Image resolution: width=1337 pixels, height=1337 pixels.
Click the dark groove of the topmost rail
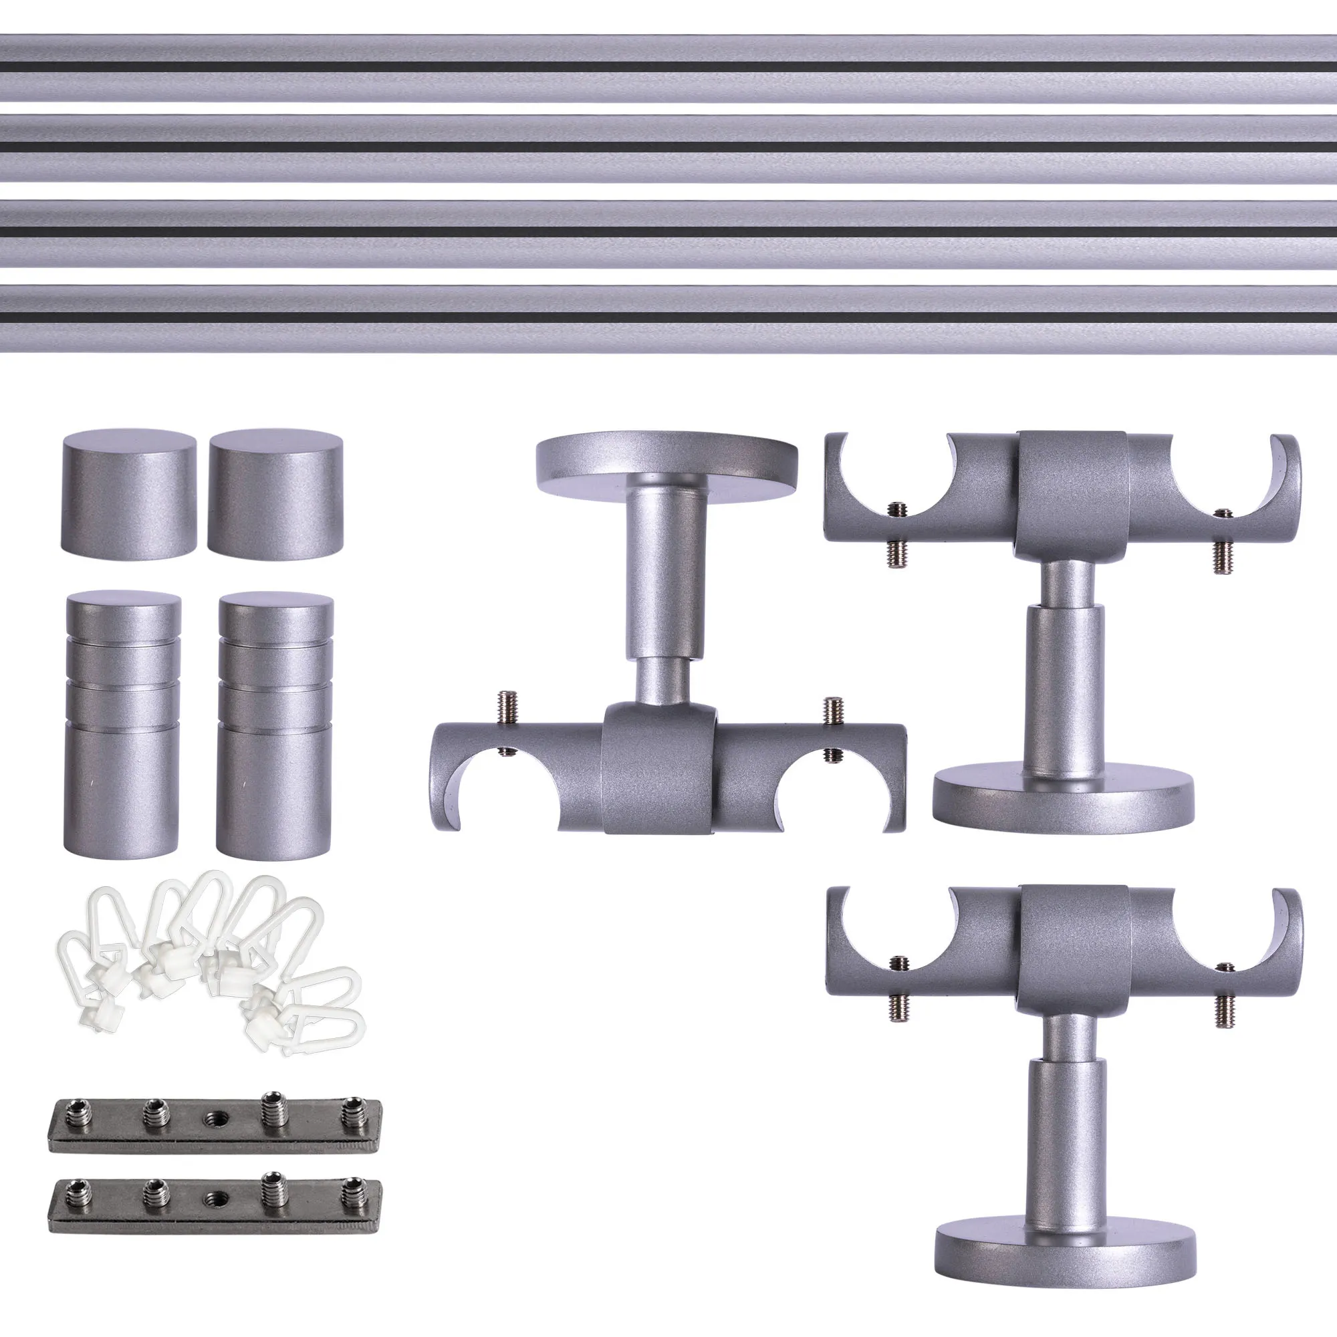pyautogui.click(x=668, y=67)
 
